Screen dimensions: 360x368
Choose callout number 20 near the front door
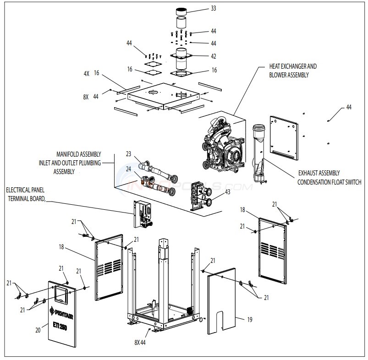(x=38, y=329)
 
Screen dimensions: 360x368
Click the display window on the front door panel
(x=60, y=293)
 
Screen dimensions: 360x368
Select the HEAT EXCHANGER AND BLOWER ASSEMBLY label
(x=292, y=70)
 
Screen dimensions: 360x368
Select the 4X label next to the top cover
(x=85, y=73)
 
